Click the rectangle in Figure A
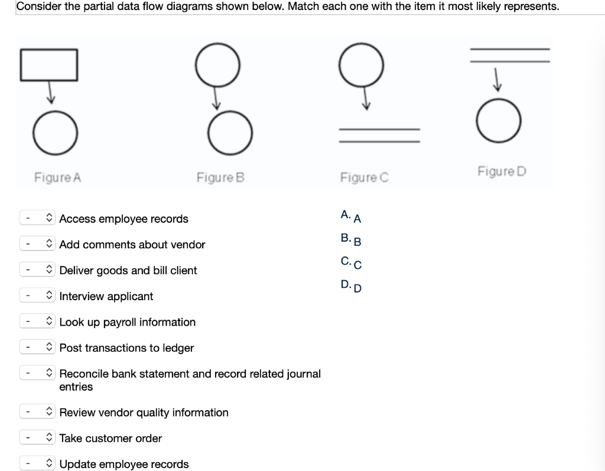click(49, 64)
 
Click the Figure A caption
click(57, 177)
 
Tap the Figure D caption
click(502, 171)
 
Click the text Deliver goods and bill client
click(128, 271)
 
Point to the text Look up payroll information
click(128, 322)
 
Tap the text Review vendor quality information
click(144, 412)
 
